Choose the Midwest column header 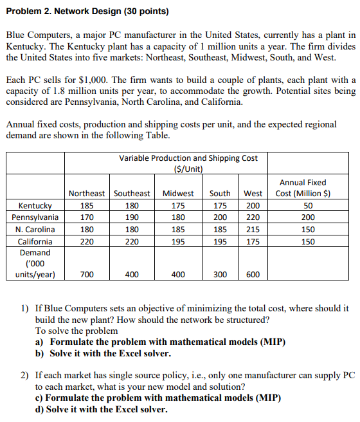(x=178, y=194)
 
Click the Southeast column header (x=132, y=194)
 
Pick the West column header (x=253, y=194)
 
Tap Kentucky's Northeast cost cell (x=87, y=206)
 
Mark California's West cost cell (x=253, y=242)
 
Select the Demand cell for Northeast (x=87, y=275)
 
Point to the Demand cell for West (x=253, y=275)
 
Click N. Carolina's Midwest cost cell (x=178, y=230)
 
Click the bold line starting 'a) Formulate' (x=168, y=342)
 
